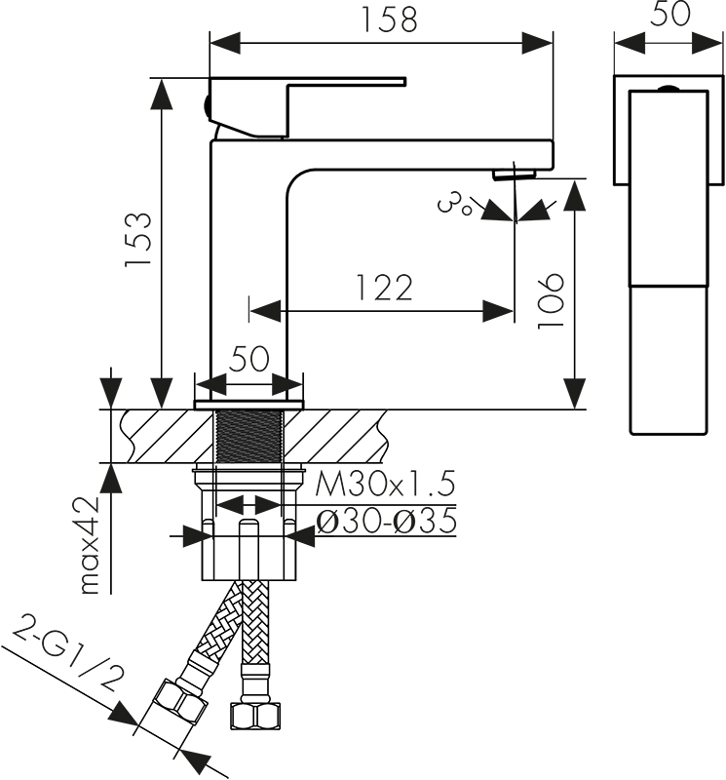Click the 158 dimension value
389,19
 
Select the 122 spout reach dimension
385,287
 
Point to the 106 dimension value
551,300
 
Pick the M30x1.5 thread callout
385,484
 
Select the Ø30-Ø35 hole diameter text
386,521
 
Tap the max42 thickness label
92,546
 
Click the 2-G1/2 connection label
67,652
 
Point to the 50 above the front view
669,14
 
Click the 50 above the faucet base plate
248,358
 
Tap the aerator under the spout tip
515,175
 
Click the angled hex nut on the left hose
179,704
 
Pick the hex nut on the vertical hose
255,716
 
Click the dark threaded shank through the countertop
249,435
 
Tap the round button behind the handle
206,106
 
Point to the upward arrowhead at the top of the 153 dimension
161,94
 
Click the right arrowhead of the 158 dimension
537,43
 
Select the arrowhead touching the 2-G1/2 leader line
123,716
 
